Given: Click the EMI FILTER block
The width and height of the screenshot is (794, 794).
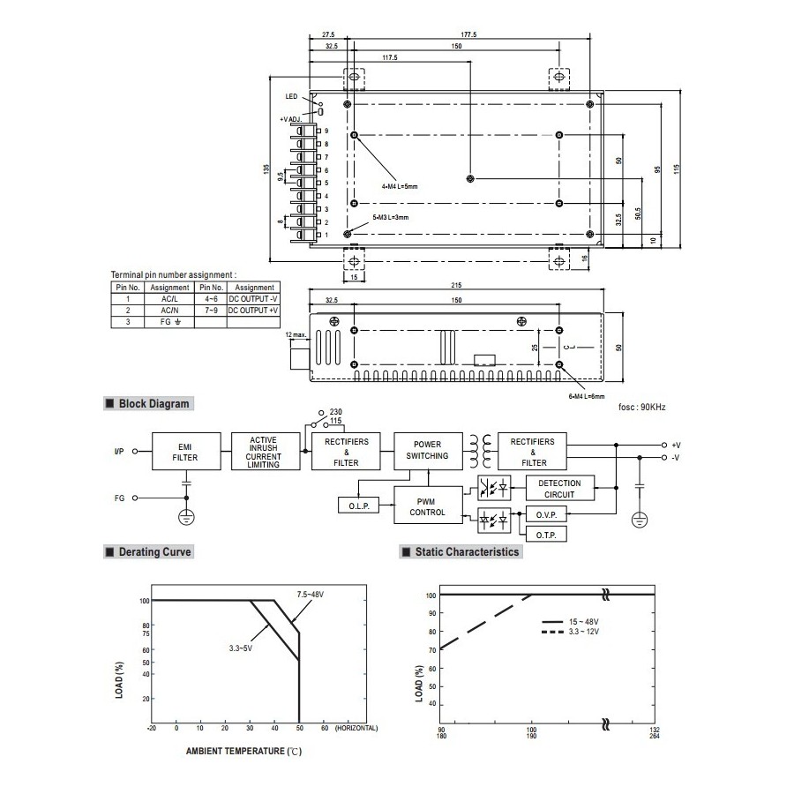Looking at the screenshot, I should [185, 453].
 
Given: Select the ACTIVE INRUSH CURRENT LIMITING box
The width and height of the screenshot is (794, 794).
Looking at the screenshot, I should [264, 452].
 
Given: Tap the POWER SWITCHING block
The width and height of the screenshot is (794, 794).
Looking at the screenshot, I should [428, 451].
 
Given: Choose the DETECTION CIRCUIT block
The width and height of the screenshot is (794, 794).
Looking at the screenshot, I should [559, 488].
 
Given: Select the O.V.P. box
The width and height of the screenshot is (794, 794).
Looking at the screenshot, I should [545, 514].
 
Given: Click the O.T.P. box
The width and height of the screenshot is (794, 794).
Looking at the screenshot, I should [545, 535].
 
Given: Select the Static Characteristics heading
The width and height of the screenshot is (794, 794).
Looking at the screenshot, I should [461, 552].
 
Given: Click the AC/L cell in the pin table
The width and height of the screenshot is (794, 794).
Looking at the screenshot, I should [169, 299].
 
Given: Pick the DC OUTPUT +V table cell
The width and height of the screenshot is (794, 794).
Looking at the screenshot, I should [254, 311].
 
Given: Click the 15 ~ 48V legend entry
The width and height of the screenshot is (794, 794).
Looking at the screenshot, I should [583, 622].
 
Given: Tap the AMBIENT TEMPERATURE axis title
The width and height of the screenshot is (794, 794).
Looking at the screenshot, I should [236, 752].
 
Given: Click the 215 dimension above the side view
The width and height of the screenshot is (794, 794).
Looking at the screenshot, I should [456, 285].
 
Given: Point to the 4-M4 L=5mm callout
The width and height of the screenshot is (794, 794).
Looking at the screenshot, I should [400, 187].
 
